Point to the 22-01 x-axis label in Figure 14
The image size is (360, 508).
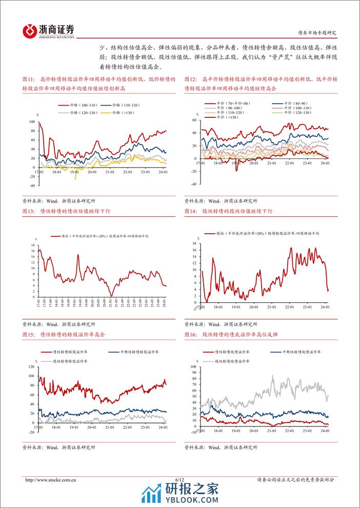click(x=289, y=308)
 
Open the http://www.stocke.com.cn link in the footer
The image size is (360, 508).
click(x=51, y=479)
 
